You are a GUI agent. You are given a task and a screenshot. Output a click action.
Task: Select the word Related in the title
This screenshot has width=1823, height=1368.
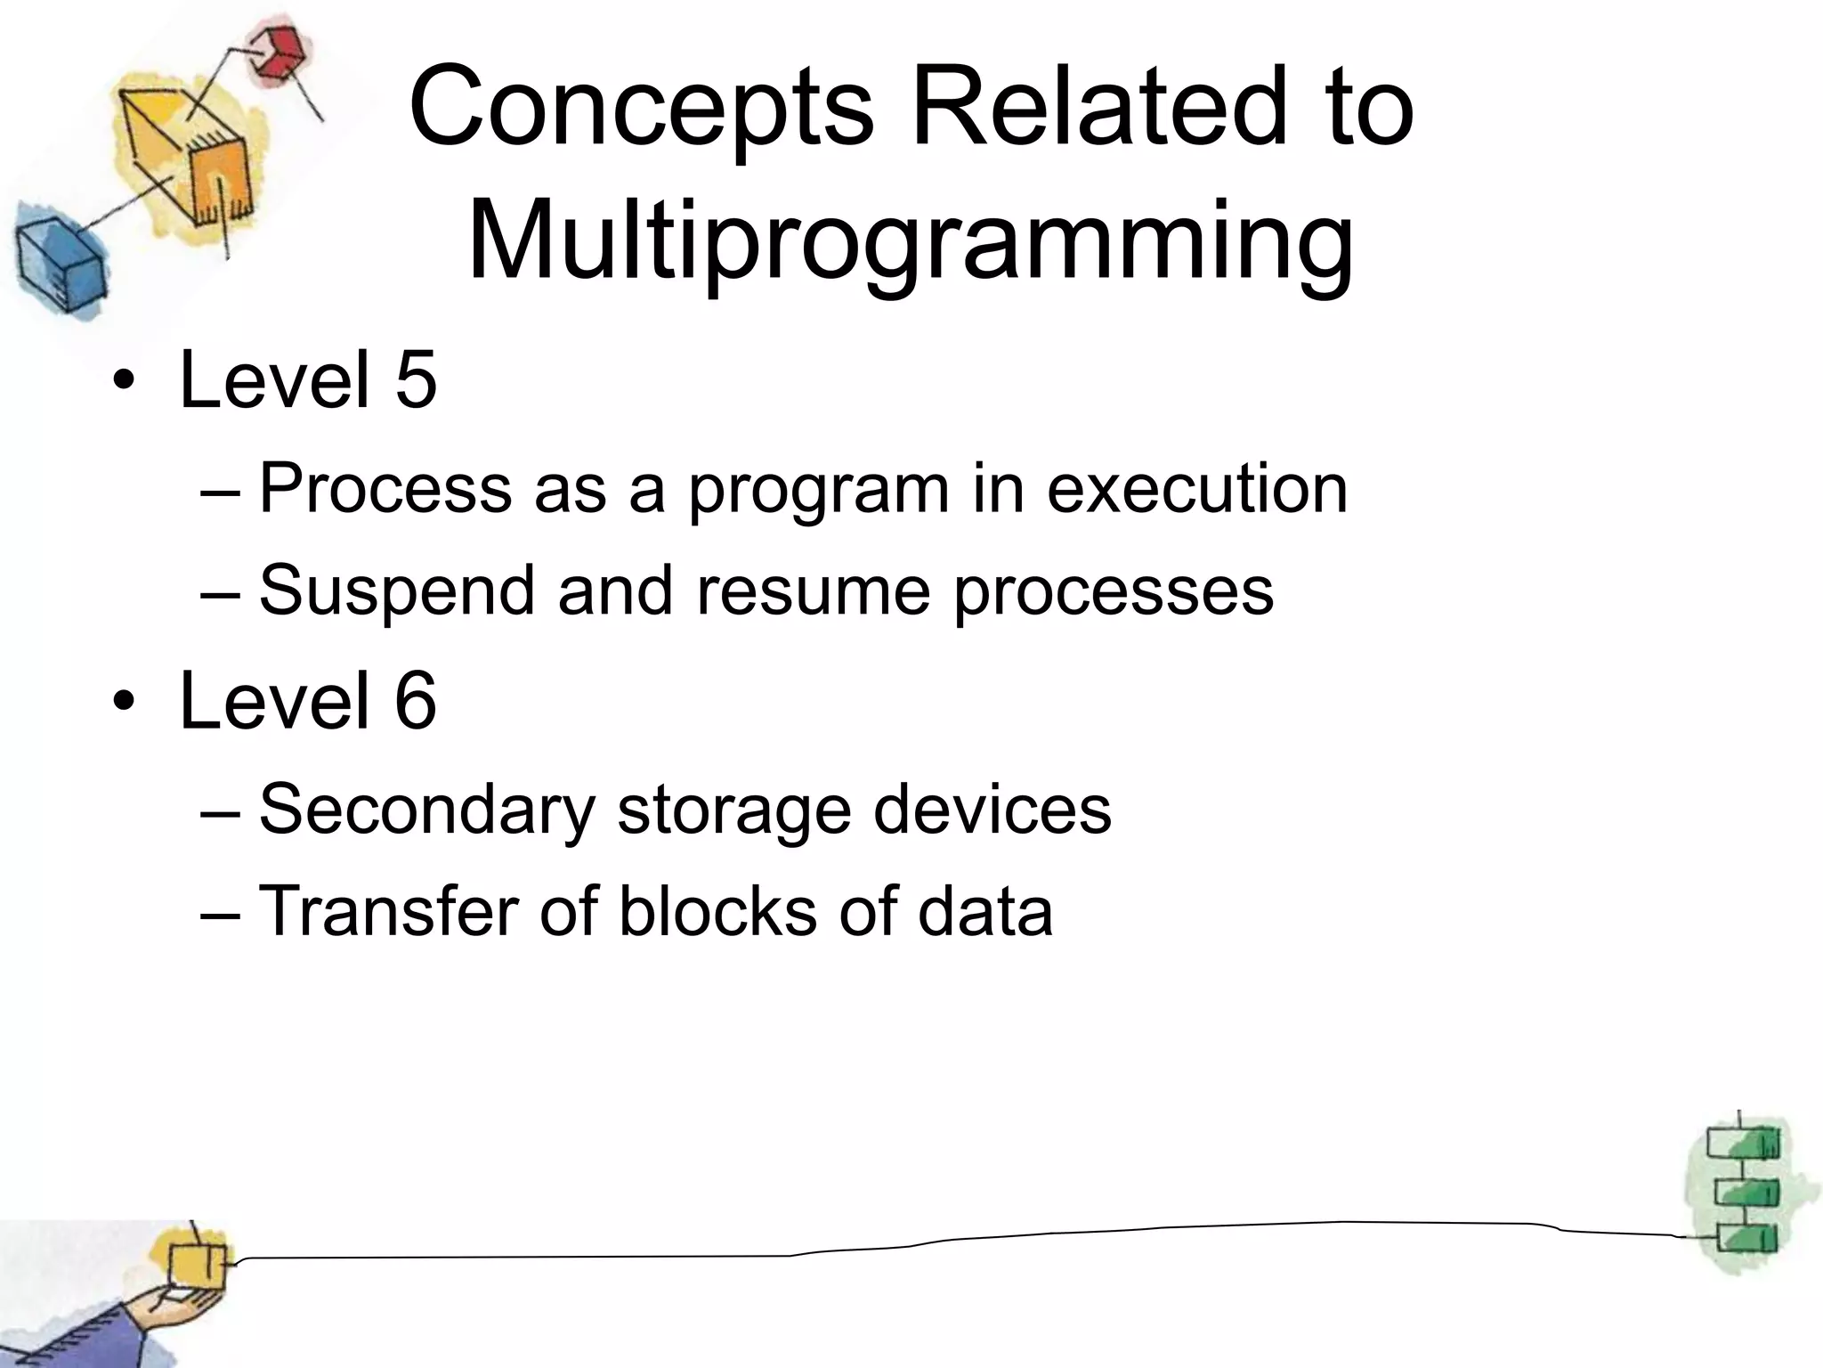tap(1100, 109)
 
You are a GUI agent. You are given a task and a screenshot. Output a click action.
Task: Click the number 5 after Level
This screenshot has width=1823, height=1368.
tap(415, 380)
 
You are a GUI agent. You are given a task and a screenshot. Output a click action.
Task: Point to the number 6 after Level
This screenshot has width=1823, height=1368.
tap(415, 701)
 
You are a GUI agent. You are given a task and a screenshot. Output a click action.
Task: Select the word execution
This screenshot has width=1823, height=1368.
tap(1196, 489)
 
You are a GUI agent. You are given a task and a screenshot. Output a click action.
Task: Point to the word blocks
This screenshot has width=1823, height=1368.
tap(717, 910)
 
